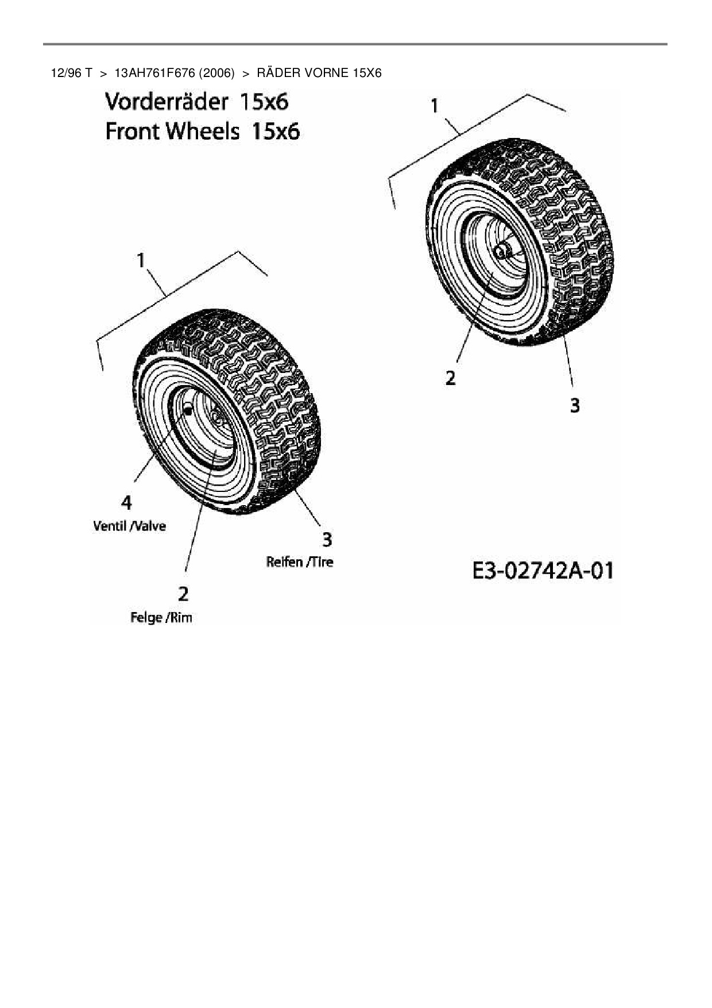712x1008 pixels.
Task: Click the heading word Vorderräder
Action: tap(167, 102)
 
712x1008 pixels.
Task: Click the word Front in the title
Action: tap(132, 132)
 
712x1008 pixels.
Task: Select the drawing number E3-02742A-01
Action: tap(542, 571)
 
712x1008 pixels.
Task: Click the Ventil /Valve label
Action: tap(129, 526)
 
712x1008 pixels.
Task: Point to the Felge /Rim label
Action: tap(161, 618)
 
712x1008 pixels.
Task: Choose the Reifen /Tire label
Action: tap(299, 562)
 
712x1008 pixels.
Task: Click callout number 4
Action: tap(126, 503)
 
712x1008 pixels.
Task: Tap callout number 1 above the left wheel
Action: tap(141, 260)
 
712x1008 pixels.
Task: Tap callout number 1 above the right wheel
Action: tap(435, 106)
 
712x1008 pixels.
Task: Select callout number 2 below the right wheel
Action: tap(451, 378)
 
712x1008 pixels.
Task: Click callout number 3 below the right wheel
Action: tap(575, 406)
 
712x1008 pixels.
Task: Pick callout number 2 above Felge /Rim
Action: tap(183, 594)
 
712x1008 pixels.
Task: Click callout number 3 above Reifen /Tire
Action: tap(327, 540)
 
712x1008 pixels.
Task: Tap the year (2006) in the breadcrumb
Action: tap(216, 73)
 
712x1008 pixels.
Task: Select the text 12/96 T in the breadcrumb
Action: tap(72, 73)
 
